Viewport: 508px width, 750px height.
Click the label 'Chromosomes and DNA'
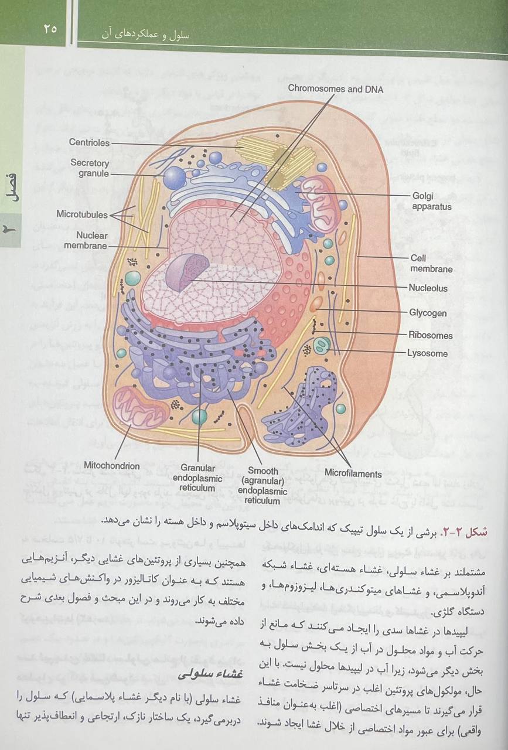point(336,88)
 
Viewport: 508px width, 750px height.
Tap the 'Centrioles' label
point(89,142)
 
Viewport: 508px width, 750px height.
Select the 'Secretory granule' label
point(90,168)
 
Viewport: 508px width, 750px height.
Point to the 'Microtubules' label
point(82,214)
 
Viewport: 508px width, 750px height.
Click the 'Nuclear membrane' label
point(86,240)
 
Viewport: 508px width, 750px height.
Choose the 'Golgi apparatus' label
point(432,201)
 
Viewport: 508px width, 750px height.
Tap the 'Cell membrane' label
point(431,264)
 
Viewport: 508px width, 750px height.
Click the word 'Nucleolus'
point(428,288)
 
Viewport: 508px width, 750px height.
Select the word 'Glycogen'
point(428,313)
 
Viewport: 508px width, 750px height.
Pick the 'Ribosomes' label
point(430,335)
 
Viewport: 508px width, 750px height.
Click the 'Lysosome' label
point(427,353)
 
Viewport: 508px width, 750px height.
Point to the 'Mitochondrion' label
point(111,466)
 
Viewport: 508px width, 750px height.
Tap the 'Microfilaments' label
point(353,474)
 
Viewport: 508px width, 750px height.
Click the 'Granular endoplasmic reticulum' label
point(197,478)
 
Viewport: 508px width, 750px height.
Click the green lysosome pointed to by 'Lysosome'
point(322,346)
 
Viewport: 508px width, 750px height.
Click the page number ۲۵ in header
point(50,29)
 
